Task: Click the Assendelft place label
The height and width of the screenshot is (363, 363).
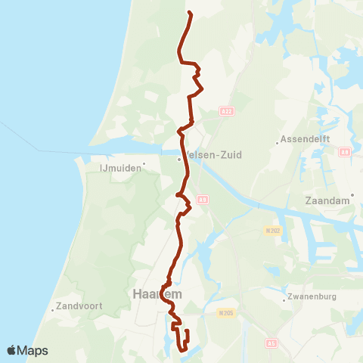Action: pos(302,139)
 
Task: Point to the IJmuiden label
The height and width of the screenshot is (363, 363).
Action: pos(122,169)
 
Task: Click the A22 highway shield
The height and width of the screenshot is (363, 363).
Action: pos(225,111)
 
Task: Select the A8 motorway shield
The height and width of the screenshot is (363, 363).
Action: pos(345,151)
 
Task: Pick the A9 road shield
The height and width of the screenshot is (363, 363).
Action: pos(202,200)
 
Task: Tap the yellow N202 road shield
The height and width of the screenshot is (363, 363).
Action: pos(274,230)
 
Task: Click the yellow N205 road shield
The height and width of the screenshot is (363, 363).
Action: pos(223,312)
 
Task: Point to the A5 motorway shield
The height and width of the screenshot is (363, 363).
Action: pos(271,343)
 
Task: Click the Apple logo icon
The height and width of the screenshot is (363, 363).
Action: pos(12,350)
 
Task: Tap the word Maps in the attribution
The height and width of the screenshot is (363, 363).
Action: pos(33,350)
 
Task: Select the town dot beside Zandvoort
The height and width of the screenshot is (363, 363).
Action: pos(49,308)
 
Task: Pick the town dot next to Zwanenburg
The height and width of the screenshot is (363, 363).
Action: pos(284,299)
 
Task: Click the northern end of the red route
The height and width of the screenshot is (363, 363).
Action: pos(188,13)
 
